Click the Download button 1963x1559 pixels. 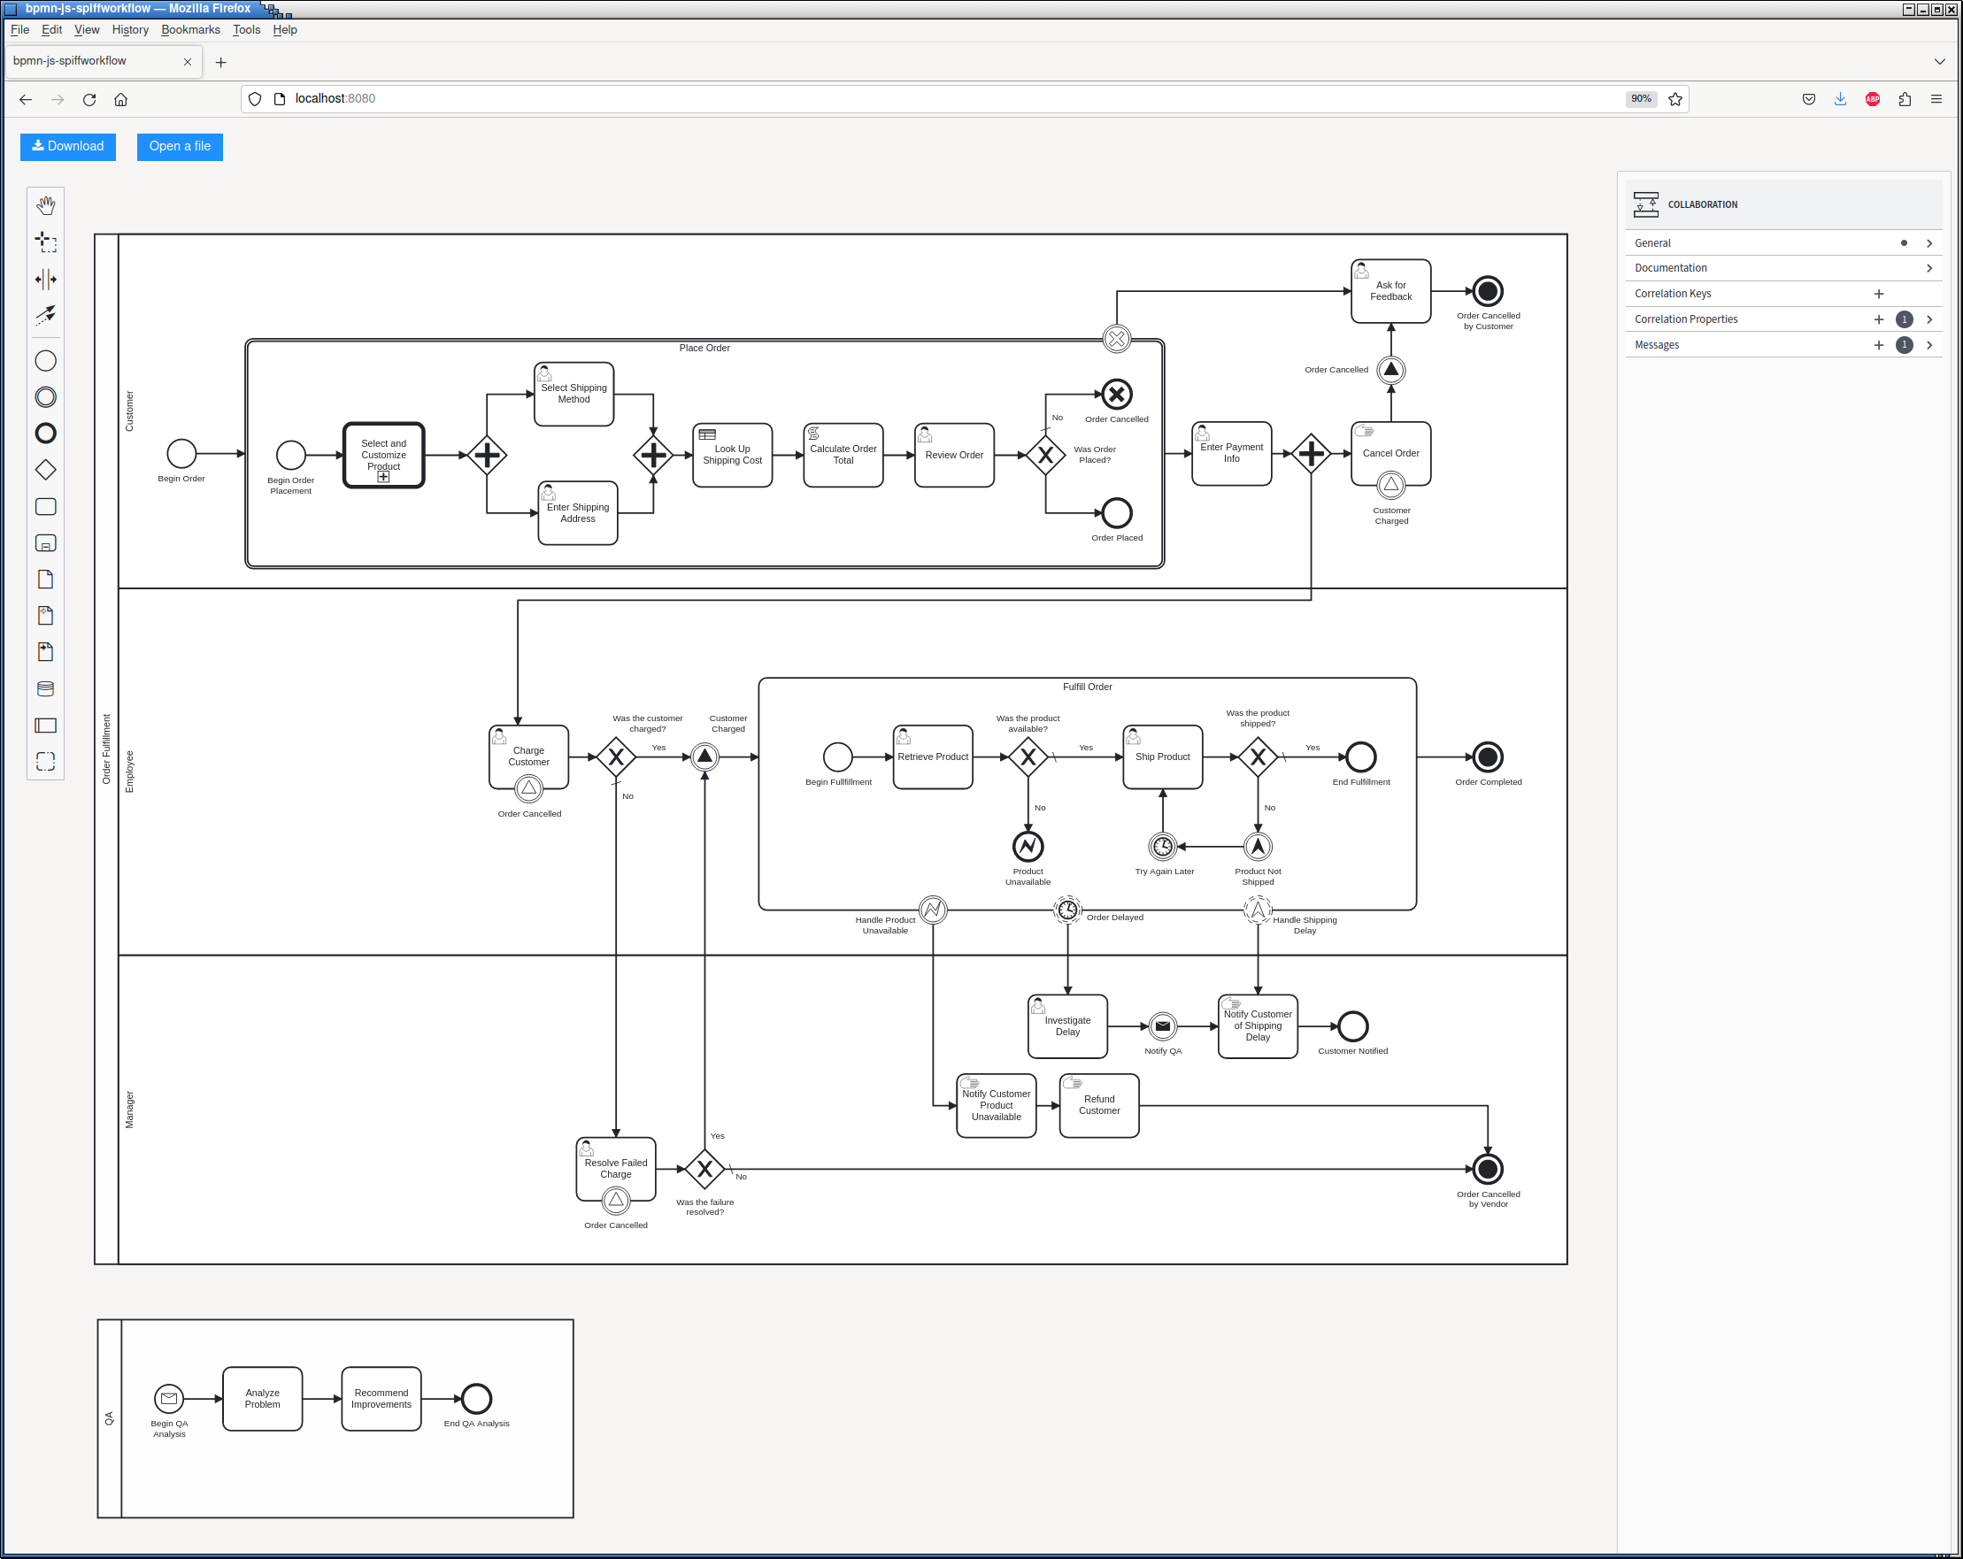[68, 147]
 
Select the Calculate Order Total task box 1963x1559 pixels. [843, 455]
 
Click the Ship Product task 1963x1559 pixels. [1163, 757]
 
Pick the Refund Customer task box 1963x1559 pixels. [1099, 1106]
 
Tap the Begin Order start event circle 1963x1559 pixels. [181, 453]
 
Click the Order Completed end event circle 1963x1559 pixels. [1488, 757]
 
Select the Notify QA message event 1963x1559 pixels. [1163, 1026]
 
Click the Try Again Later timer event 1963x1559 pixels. [1163, 848]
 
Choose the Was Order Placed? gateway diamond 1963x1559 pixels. [1045, 455]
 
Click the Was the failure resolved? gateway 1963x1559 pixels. [704, 1170]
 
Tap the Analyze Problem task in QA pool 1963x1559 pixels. [262, 1399]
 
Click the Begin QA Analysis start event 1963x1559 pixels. [169, 1399]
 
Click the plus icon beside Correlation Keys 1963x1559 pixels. [1878, 294]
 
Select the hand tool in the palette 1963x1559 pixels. [45, 205]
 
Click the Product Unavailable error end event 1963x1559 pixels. [1028, 848]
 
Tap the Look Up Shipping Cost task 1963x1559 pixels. [732, 455]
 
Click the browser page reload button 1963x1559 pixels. [89, 99]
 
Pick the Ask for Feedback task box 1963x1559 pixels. [1390, 291]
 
